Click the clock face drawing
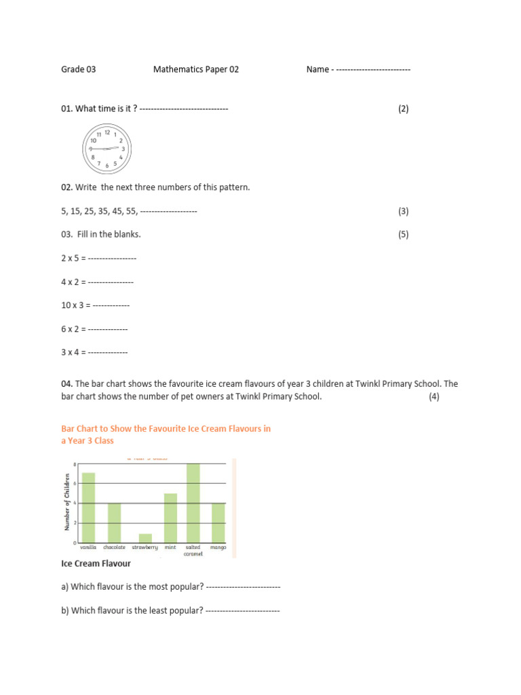click(x=107, y=149)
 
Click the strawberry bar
click(x=145, y=538)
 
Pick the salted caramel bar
click(x=193, y=503)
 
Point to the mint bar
click(x=170, y=518)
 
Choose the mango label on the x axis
click(x=218, y=547)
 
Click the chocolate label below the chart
click(x=115, y=547)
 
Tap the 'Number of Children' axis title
click(x=67, y=503)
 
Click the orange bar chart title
click(x=166, y=434)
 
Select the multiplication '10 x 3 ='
click(x=75, y=305)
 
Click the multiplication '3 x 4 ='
click(x=73, y=352)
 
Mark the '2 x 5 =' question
click(x=73, y=259)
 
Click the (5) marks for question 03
click(x=404, y=234)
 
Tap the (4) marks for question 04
click(x=434, y=397)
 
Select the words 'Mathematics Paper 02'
click(x=196, y=69)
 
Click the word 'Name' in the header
click(x=317, y=69)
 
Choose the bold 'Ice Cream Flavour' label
click(x=96, y=563)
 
